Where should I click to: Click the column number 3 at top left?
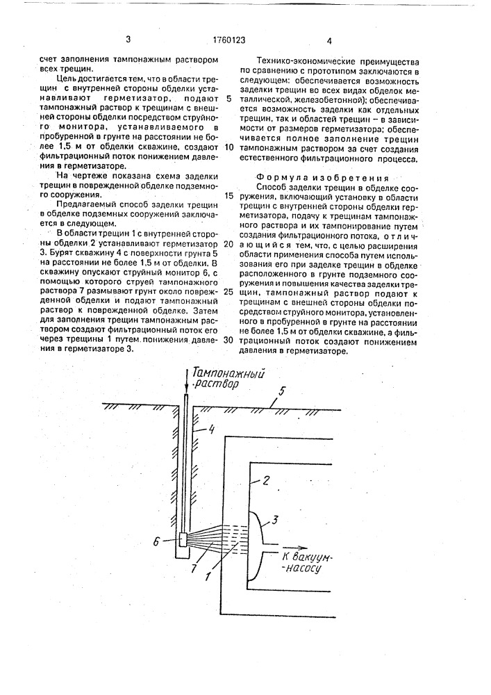128,41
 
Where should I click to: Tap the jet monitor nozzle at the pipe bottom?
183,539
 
